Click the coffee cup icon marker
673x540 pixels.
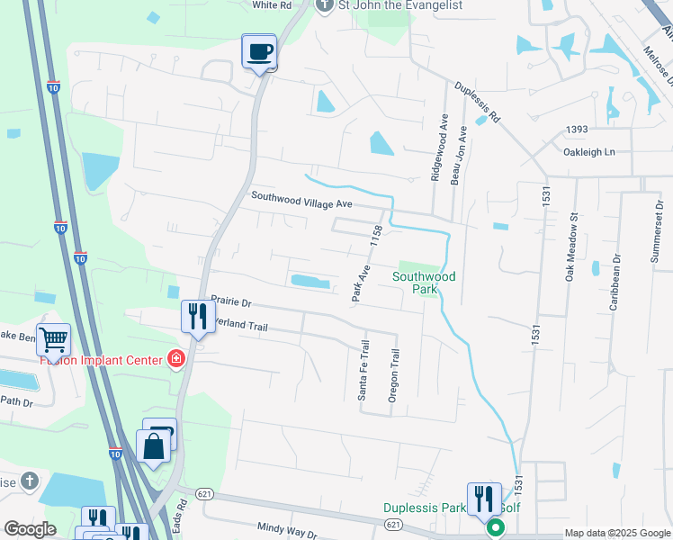259,51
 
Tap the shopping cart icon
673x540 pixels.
54,339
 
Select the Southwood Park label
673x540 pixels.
424,283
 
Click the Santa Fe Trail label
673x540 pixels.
364,370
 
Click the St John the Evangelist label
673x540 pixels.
399,5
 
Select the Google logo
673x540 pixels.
30,529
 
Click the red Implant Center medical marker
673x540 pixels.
176,361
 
